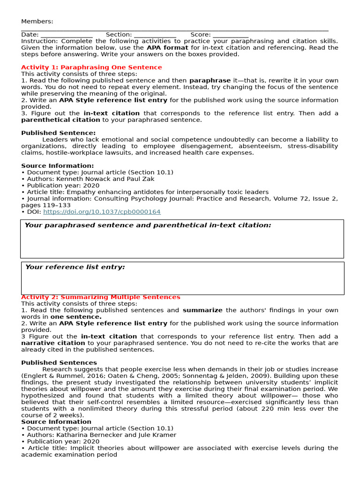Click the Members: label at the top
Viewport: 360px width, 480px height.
coord(37,21)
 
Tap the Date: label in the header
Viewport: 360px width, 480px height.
coord(30,35)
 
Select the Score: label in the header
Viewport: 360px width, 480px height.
coord(201,35)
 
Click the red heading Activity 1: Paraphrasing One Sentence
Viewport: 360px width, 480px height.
coord(91,67)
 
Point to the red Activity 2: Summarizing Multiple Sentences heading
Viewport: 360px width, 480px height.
coord(100,297)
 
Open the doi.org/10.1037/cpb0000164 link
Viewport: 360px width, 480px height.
coord(102,212)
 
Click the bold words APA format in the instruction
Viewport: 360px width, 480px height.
coord(167,48)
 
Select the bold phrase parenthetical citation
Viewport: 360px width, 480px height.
coord(60,120)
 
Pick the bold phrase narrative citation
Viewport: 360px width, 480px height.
coord(53,343)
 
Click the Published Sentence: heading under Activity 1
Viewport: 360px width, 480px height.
coord(58,133)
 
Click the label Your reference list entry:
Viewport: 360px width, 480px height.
coord(75,267)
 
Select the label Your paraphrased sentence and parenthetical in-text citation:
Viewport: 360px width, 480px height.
coord(148,225)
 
